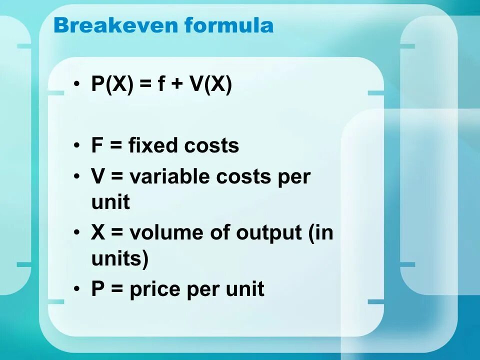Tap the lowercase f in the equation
161,85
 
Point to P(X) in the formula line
112,85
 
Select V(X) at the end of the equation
210,85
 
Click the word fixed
153,145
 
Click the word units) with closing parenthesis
120,259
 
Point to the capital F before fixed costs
97,145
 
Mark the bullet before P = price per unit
76,289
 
